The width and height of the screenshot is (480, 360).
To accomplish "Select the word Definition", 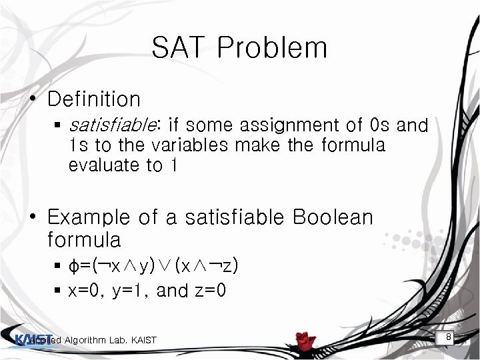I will (94, 99).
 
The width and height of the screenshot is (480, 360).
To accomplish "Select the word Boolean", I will (333, 217).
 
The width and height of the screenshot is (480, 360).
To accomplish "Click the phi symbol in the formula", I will (73, 267).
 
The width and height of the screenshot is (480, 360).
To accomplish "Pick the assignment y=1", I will (128, 291).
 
